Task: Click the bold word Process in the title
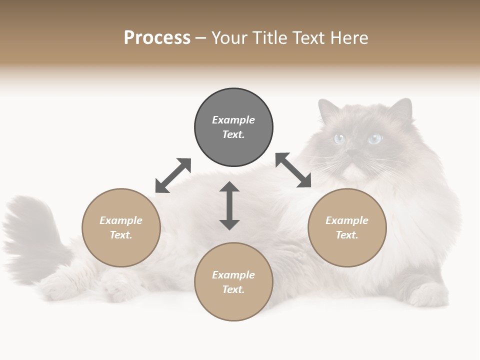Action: pyautogui.click(x=157, y=38)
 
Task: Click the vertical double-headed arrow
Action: pyautogui.click(x=229, y=205)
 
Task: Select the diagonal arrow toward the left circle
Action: pyautogui.click(x=173, y=175)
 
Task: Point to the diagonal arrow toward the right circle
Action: pyautogui.click(x=293, y=170)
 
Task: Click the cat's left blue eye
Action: pyautogui.click(x=340, y=139)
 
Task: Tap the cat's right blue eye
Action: pyautogui.click(x=374, y=138)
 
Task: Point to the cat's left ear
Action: pyautogui.click(x=328, y=110)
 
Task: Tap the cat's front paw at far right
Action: pyautogui.click(x=425, y=295)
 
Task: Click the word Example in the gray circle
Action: pyautogui.click(x=233, y=120)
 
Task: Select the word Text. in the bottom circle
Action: pyautogui.click(x=233, y=289)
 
